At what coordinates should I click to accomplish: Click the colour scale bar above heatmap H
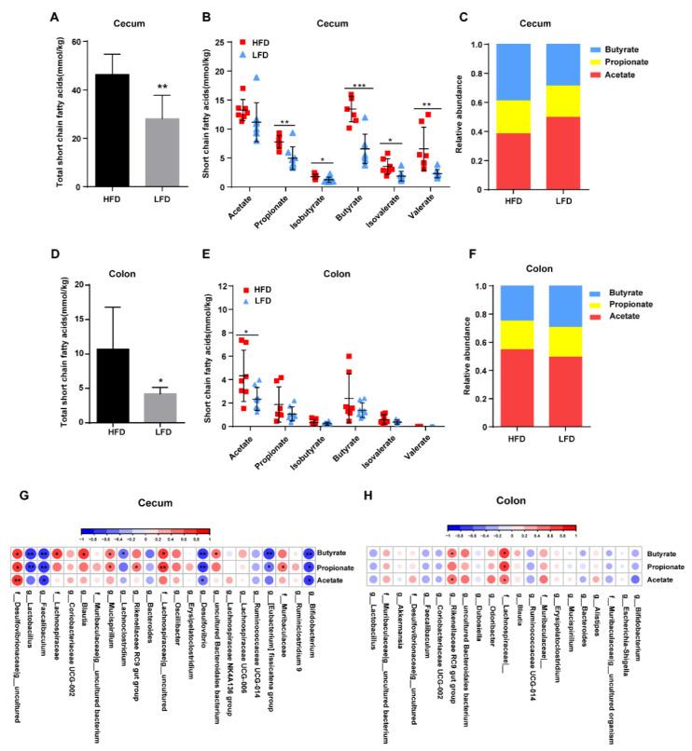coord(511,528)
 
